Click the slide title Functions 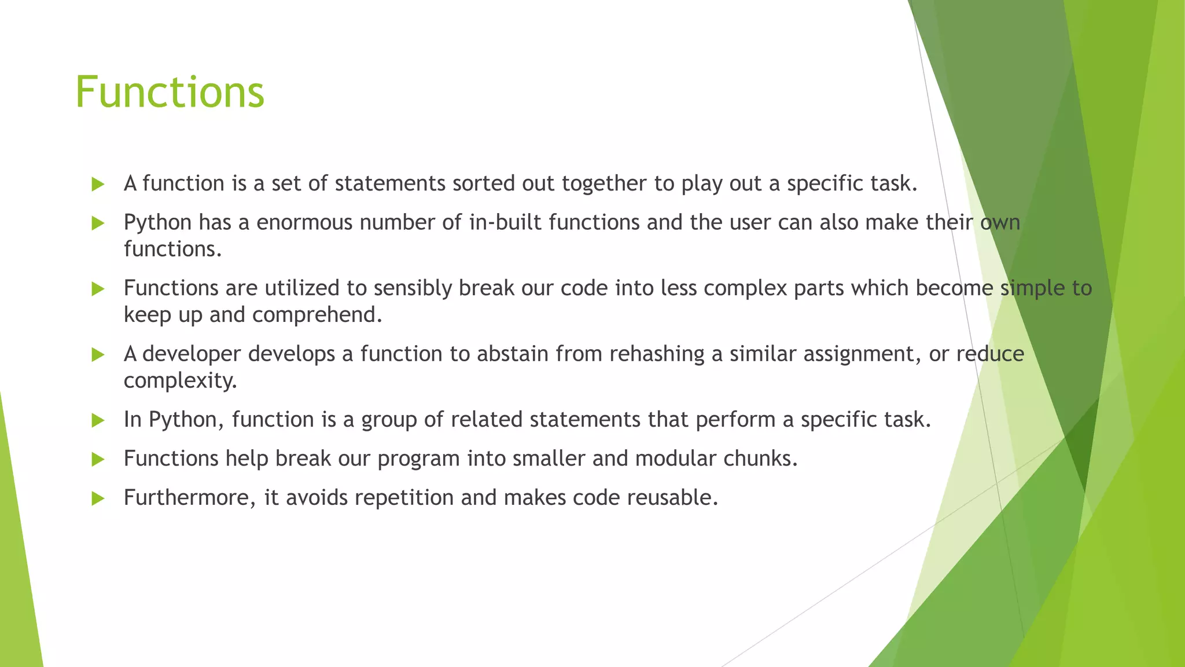(170, 92)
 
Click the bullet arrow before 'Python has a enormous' (98, 223)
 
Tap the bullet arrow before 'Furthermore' (98, 499)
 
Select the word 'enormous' (304, 222)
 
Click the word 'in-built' (505, 222)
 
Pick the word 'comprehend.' (317, 315)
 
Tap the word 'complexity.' (181, 380)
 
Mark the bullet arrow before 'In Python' (98, 420)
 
